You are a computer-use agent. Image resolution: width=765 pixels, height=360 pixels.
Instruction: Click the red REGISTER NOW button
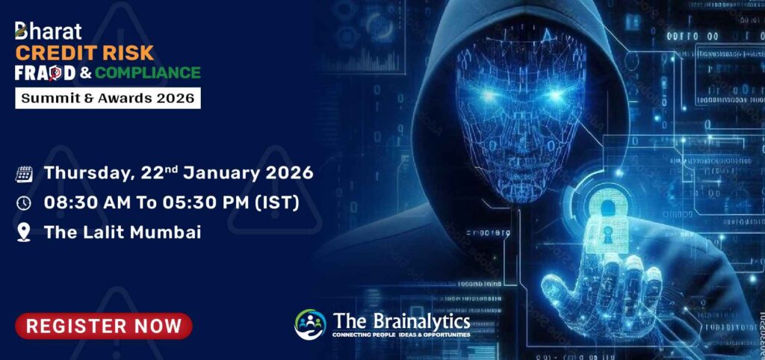104,326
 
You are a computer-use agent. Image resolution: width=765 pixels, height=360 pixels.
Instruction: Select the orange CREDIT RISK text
84,52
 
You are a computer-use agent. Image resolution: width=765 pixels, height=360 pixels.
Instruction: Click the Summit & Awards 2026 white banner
108,97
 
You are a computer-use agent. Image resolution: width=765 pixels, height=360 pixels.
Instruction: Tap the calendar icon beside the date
24,174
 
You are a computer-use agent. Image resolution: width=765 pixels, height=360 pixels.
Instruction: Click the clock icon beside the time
24,203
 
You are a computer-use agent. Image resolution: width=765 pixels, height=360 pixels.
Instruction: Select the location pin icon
24,232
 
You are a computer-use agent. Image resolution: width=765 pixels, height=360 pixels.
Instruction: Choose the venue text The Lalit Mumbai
123,232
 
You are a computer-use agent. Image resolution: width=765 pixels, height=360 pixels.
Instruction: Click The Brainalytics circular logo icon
310,325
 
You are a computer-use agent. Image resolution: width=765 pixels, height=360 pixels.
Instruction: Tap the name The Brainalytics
402,321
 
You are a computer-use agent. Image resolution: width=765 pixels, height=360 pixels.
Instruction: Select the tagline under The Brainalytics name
402,335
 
